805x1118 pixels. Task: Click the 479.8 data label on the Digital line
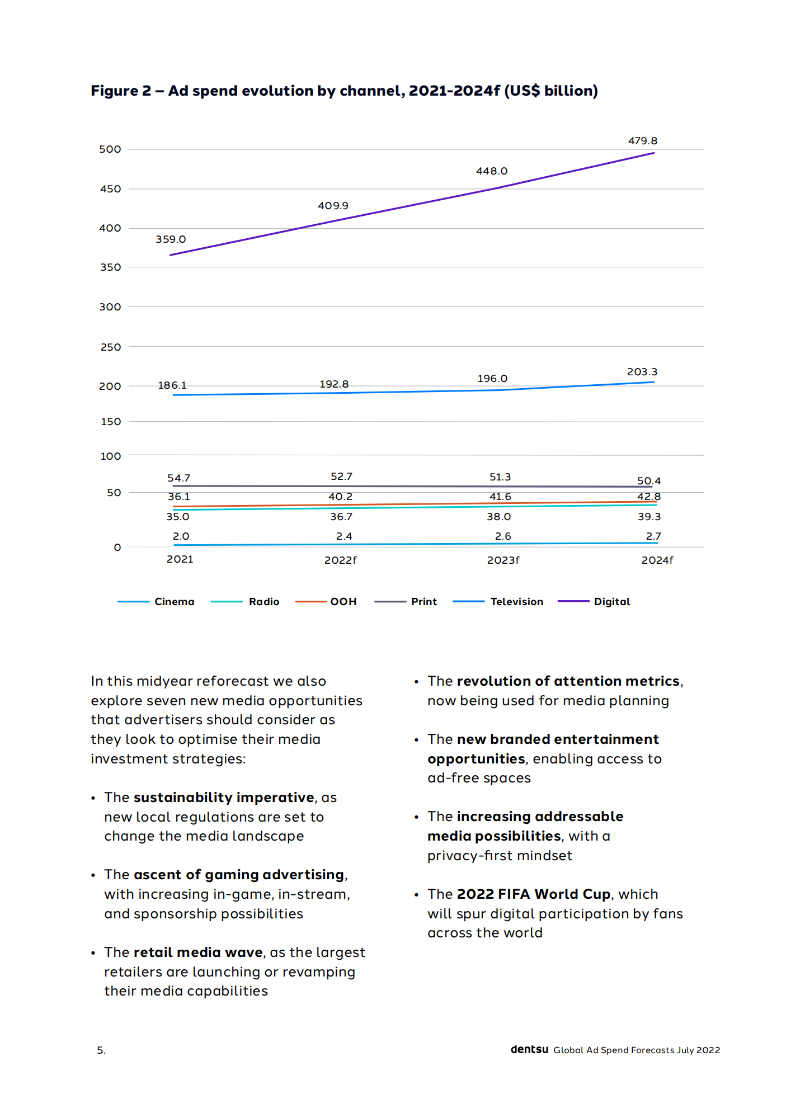(642, 141)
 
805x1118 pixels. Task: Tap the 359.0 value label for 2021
(171, 239)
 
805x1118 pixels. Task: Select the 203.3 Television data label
(642, 372)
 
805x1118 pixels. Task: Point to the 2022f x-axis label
(340, 560)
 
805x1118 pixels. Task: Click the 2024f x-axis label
(657, 560)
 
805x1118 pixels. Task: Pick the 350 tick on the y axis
(110, 267)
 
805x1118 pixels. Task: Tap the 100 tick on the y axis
(110, 456)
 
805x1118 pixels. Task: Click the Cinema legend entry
(174, 602)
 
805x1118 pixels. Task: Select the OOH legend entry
(343, 602)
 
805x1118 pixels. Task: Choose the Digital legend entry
(611, 602)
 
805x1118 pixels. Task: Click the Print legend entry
(423, 602)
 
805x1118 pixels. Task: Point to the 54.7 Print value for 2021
(178, 478)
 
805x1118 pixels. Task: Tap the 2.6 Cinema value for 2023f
(502, 536)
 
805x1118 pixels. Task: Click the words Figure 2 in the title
(121, 91)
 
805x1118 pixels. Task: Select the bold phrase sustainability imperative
(224, 798)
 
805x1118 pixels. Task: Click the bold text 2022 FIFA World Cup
(533, 894)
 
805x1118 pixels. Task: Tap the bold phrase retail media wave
(198, 952)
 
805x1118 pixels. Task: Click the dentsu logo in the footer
(529, 1050)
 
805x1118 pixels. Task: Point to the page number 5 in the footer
(101, 1050)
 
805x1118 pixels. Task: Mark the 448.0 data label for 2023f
(491, 171)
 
